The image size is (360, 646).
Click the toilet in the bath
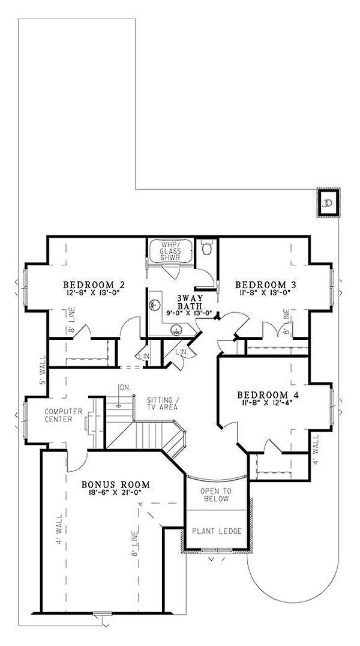pos(207,248)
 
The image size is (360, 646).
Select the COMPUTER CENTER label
pos(58,415)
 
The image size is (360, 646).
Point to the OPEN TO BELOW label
pos(215,494)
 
